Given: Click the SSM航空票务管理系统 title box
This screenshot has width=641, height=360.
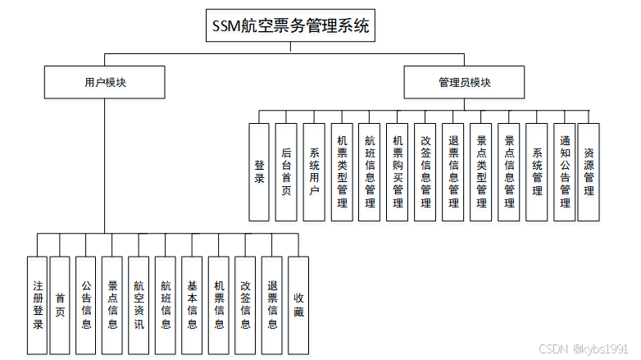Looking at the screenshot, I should (x=290, y=25).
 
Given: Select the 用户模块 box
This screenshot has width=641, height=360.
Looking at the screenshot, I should (x=104, y=82).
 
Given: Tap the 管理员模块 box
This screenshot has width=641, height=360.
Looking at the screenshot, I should (x=464, y=82).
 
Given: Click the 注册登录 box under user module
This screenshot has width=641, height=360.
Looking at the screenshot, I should (x=37, y=305).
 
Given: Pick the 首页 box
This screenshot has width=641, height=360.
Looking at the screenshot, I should (x=60, y=305).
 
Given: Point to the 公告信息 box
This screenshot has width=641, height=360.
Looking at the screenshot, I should (x=86, y=305).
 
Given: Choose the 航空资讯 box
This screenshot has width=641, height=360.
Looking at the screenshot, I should (x=139, y=305).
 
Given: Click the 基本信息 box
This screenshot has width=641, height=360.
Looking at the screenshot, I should (x=192, y=305).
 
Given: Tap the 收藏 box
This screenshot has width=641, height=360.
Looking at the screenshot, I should (x=298, y=305).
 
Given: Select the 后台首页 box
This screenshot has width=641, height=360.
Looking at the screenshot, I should (x=286, y=171).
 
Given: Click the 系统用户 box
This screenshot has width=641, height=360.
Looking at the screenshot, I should (x=314, y=171).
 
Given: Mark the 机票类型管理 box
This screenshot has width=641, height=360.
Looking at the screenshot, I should (x=342, y=171).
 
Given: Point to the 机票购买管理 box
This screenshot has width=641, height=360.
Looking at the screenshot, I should (x=398, y=171).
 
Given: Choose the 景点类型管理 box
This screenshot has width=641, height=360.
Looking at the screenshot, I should (x=481, y=171).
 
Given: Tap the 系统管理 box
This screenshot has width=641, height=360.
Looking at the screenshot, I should (x=537, y=171).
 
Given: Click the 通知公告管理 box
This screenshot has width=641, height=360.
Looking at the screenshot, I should (x=564, y=171).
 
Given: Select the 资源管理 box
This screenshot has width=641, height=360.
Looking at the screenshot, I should (x=589, y=171).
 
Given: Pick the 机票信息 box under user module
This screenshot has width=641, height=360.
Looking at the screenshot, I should (x=219, y=305).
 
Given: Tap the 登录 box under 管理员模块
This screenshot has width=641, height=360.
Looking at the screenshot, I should (x=259, y=171).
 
